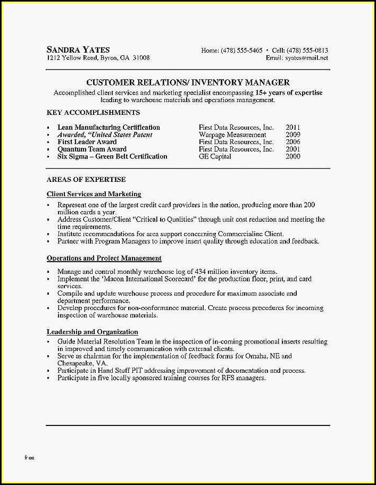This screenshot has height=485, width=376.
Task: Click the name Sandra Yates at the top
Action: pyautogui.click(x=78, y=49)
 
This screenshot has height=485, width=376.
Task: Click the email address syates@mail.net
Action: pyautogui.click(x=306, y=58)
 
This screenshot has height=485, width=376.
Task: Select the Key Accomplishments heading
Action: pyautogui.click(x=93, y=113)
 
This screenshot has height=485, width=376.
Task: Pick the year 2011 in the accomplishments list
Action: pyautogui.click(x=293, y=128)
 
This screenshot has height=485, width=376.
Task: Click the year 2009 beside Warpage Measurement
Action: pyautogui.click(x=293, y=135)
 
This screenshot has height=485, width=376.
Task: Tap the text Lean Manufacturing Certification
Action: pyautogui.click(x=108, y=128)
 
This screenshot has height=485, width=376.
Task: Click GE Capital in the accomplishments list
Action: pyautogui.click(x=215, y=157)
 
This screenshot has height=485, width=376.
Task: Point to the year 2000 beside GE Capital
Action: pyautogui.click(x=293, y=157)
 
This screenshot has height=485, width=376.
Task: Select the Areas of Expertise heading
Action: pyautogui.click(x=86, y=180)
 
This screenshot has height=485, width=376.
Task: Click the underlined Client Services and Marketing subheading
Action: pyautogui.click(x=94, y=195)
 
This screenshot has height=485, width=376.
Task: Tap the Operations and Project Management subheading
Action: pyautogui.click(x=104, y=258)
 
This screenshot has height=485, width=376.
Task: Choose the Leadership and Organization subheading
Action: pyautogui.click(x=92, y=332)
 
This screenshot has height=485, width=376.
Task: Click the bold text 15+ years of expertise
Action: pyautogui.click(x=289, y=93)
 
